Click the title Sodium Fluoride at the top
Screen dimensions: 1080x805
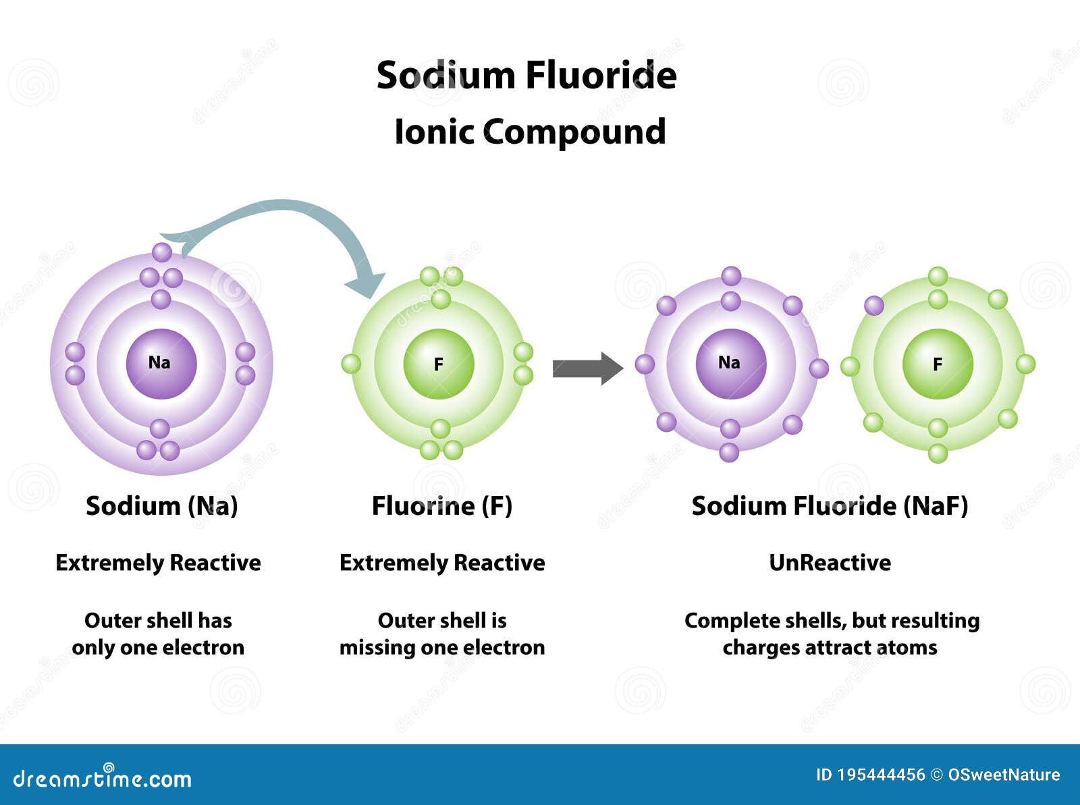[x=526, y=76]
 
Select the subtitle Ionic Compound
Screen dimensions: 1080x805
[x=531, y=132]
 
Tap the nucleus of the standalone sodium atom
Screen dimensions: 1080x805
[x=161, y=364]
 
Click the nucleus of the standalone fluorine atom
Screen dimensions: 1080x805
[x=439, y=364]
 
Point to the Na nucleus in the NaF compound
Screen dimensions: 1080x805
[x=731, y=364]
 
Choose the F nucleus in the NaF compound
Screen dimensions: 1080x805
[x=938, y=364]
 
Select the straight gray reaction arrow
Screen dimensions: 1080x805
[x=588, y=368]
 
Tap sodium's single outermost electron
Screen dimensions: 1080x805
[x=162, y=252]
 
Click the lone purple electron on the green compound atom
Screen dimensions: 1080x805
[x=874, y=306]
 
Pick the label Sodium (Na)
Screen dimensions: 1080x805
[x=162, y=506]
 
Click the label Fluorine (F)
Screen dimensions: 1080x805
[x=442, y=506]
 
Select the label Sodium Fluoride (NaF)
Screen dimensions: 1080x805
[x=830, y=506]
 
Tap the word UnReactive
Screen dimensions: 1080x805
[x=830, y=563]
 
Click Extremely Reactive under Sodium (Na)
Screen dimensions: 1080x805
[x=158, y=563]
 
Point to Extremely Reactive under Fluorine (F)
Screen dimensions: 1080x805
[x=442, y=563]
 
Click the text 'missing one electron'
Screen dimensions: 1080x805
[x=442, y=647]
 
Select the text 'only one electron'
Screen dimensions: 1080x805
[x=158, y=648]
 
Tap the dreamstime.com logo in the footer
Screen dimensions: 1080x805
[x=102, y=778]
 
